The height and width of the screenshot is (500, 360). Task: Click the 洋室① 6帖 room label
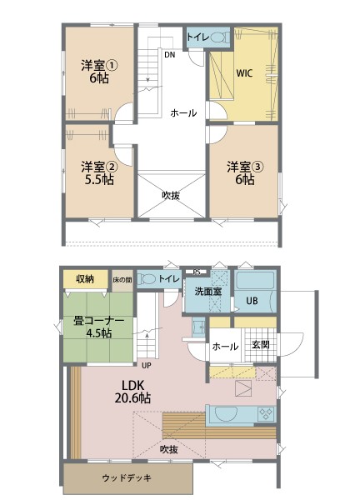[97, 72]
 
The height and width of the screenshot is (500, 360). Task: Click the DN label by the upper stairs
[169, 56]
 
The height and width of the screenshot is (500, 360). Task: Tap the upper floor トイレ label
[197, 37]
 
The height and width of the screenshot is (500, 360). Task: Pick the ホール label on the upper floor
[184, 112]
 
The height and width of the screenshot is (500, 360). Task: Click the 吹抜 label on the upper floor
[172, 195]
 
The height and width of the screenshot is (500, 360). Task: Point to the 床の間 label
[122, 280]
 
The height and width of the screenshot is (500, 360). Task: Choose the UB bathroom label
[251, 302]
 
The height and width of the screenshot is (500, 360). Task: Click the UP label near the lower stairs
[146, 365]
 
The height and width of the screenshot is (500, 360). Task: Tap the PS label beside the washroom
[196, 272]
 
